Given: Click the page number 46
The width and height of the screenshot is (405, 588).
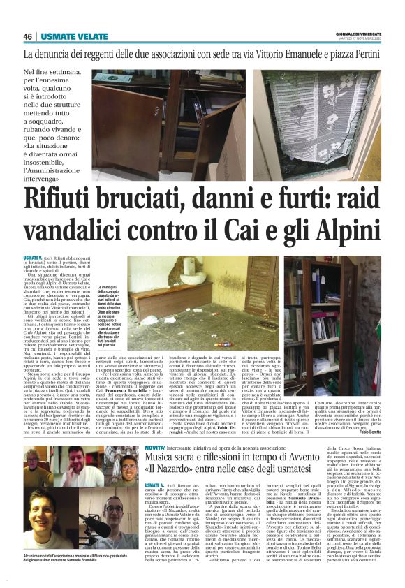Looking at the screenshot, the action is (x=28, y=36).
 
